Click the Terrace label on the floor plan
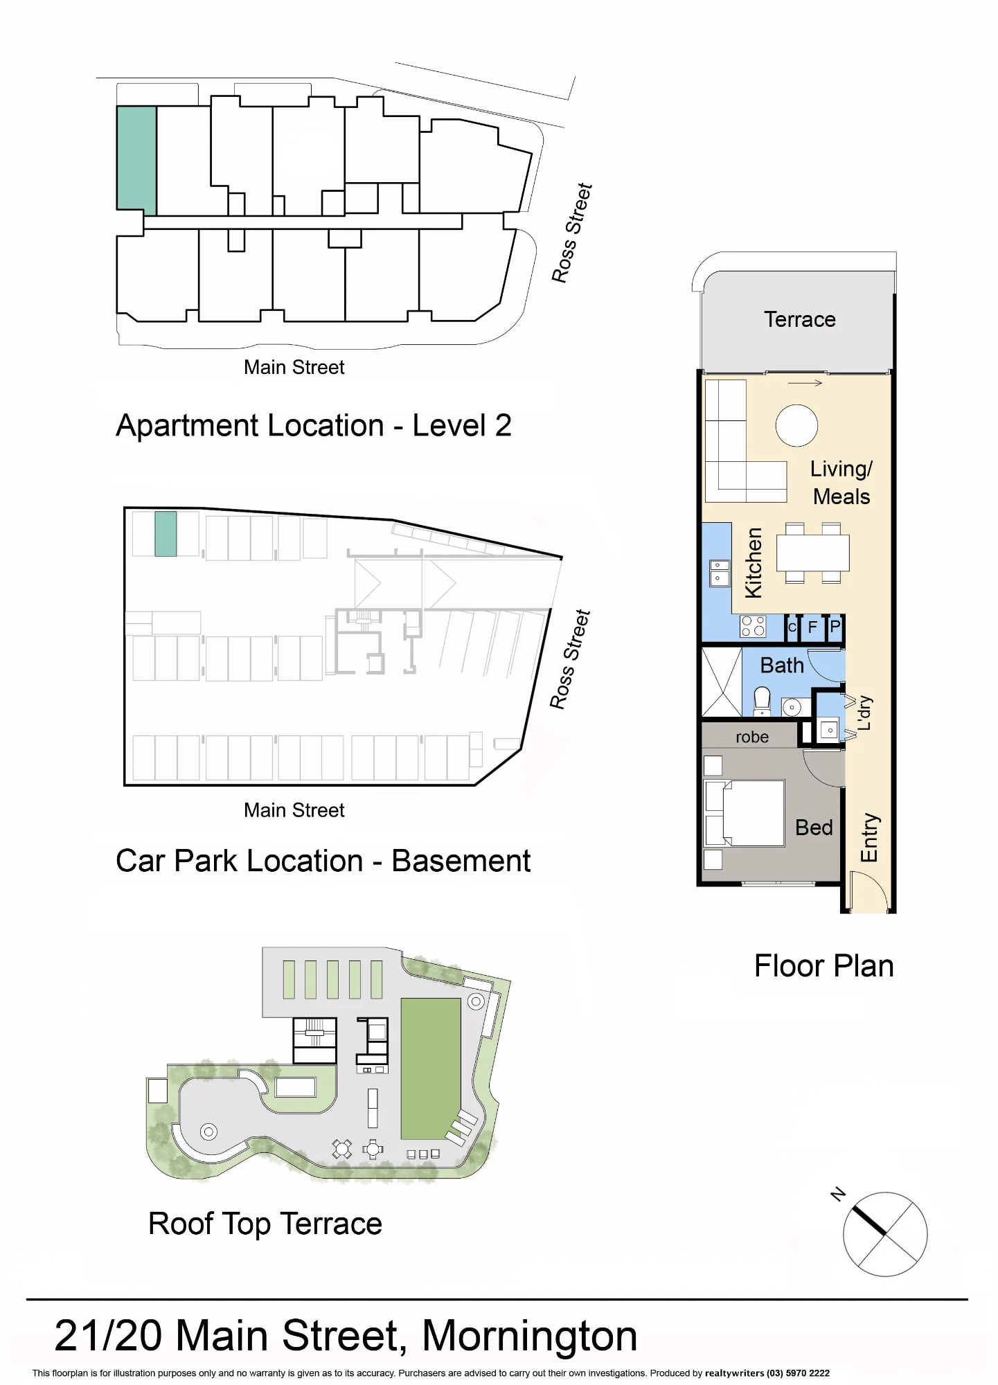[x=799, y=319]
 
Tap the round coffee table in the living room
[x=796, y=425]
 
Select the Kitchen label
[x=753, y=562]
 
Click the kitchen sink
[x=720, y=573]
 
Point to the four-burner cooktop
[x=753, y=626]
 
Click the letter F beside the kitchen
[x=813, y=627]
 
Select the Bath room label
[x=782, y=665]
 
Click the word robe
[x=752, y=737]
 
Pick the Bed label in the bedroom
[x=814, y=828]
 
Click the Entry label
[x=869, y=837]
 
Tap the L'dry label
[x=864, y=713]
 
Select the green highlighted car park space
[x=166, y=534]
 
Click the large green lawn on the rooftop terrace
[x=431, y=1068]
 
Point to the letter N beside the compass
[x=838, y=1194]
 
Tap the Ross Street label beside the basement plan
[x=570, y=659]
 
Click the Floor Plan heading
[x=823, y=966]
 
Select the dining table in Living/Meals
[x=813, y=553]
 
